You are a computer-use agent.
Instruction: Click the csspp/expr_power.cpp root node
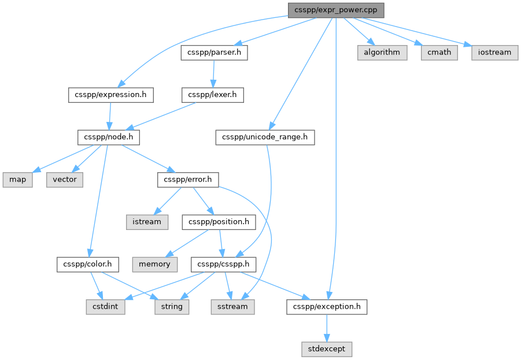click(x=336, y=10)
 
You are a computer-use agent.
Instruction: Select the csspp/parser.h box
click(x=215, y=53)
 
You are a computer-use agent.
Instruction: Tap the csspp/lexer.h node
click(x=213, y=95)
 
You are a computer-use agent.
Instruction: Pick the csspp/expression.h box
click(x=111, y=95)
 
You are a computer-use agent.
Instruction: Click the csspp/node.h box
click(x=109, y=137)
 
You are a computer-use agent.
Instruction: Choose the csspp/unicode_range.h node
click(x=265, y=137)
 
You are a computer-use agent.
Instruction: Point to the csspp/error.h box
click(x=188, y=180)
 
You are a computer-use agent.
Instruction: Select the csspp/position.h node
click(x=219, y=222)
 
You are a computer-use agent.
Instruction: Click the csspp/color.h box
click(x=88, y=264)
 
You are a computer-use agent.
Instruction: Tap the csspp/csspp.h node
click(x=224, y=264)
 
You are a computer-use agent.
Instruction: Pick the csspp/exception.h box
click(x=327, y=306)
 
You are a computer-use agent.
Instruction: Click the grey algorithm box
click(x=382, y=53)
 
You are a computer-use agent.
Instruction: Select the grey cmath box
click(x=439, y=53)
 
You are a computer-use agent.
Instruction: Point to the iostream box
click(x=495, y=53)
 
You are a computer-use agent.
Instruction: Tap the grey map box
click(x=17, y=180)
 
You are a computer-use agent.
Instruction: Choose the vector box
click(x=65, y=180)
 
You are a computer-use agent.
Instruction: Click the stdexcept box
click(x=327, y=349)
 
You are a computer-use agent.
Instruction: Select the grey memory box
click(x=155, y=264)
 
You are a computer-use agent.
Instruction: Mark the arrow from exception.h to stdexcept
click(x=327, y=328)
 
